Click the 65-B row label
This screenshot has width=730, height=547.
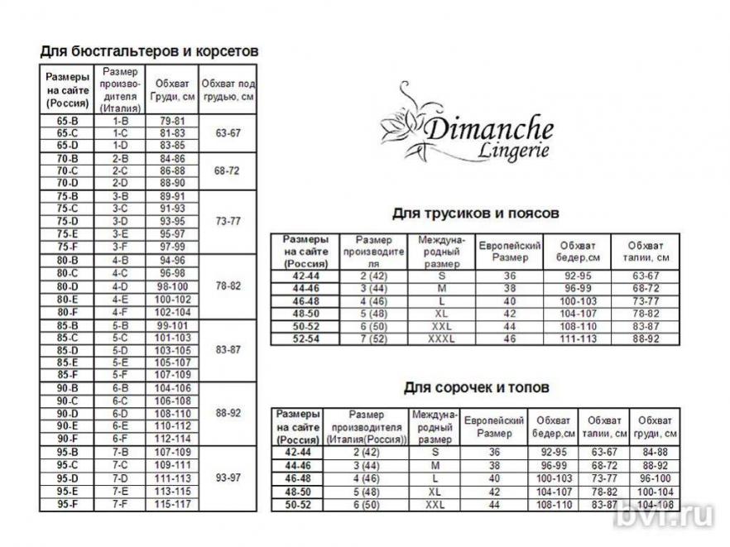coord(67,121)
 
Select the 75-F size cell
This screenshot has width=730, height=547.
coord(67,247)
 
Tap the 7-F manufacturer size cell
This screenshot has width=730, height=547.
coord(120,503)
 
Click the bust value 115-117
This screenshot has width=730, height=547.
coord(172,503)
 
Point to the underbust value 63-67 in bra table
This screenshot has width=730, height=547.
coord(227,132)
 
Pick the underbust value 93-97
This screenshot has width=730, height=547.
coord(227,478)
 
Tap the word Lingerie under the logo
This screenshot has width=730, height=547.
coord(513,151)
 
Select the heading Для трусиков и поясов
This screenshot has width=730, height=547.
coord(475,214)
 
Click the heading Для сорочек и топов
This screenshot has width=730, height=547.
coord(476,387)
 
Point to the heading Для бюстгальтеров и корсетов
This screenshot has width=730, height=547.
coord(149,50)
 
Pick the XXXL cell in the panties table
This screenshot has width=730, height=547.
coord(441,339)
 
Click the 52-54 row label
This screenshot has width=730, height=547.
coord(305,339)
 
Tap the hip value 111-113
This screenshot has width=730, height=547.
coord(576,339)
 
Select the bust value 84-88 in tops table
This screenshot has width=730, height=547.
coord(655,453)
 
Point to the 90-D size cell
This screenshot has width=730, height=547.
coord(67,414)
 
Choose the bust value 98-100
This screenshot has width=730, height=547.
coord(172,286)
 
